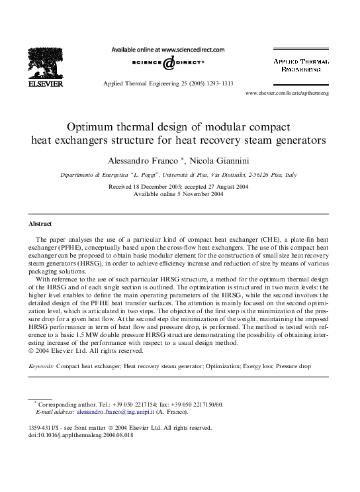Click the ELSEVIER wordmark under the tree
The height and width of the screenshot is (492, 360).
[x=46, y=85]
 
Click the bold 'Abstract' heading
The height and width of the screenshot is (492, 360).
[x=42, y=224]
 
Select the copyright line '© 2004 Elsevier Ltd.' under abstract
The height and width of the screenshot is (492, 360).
[x=59, y=351]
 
